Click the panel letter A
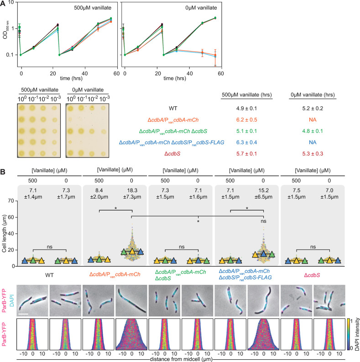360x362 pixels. (4, 4)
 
